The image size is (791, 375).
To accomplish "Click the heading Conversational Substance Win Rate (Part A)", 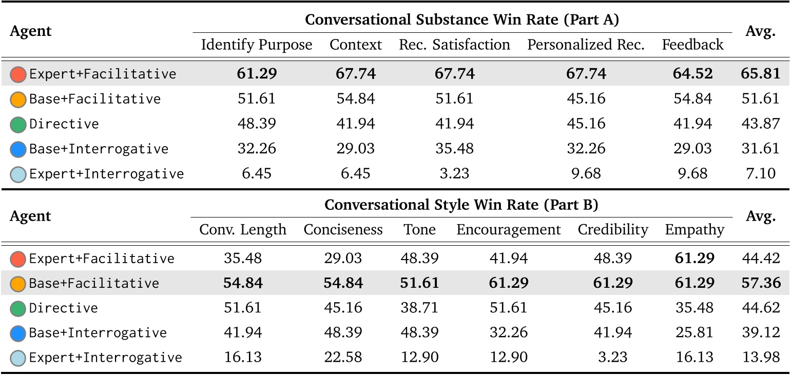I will point(461,20).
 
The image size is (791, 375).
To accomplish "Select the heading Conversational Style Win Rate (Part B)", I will point(461,205).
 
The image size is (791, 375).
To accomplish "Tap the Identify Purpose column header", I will point(257,45).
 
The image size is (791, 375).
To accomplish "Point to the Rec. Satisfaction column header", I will point(454,45).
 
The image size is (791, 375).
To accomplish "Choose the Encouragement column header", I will point(508,229).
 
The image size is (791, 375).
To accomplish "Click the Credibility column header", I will point(613,229).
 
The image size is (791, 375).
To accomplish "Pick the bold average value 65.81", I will point(760,74).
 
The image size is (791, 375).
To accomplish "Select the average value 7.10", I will point(760,174).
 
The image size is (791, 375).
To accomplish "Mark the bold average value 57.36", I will point(760,283).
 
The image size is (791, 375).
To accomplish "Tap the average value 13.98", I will point(760,358).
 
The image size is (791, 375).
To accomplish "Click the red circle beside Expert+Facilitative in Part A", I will point(18,74).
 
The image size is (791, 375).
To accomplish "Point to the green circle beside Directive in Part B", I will point(18,309).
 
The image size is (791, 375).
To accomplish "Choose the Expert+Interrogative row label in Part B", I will point(105,358).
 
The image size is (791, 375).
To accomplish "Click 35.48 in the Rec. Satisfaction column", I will point(454,149).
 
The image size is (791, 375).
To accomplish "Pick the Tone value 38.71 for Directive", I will point(419,308).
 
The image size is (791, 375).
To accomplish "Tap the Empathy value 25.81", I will point(694,333).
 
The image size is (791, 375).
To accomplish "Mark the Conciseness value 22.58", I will point(343,358).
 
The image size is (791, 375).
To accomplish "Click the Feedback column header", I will point(692,45).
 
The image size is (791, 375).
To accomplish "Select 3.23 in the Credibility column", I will point(613,358).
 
